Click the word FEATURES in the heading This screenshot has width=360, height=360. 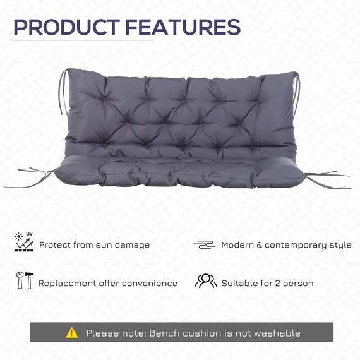click(183, 27)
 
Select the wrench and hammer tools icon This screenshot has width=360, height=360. click(23, 281)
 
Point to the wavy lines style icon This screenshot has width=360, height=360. click(204, 244)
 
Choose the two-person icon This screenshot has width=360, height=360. click(205, 282)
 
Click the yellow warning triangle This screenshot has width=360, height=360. click(72, 332)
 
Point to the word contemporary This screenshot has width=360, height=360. click(296, 245)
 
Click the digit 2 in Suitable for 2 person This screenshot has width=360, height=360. click(278, 283)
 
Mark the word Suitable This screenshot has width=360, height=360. click(240, 283)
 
